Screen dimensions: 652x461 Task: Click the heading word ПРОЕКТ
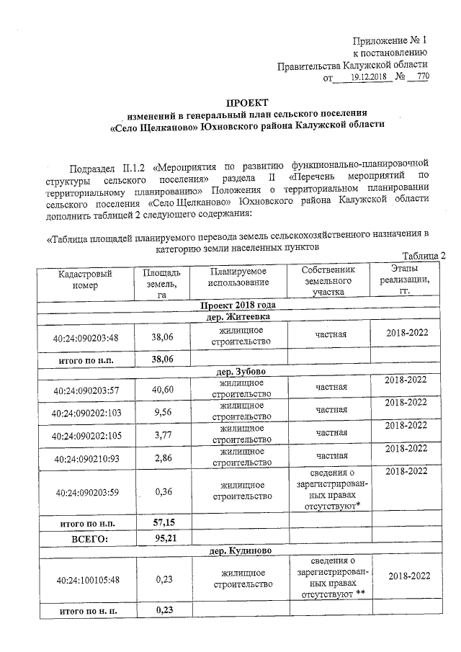[248, 103]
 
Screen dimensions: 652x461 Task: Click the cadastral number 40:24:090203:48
[85, 336]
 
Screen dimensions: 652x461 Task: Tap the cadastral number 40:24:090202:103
[85, 414]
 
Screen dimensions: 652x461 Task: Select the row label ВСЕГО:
[88, 537]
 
